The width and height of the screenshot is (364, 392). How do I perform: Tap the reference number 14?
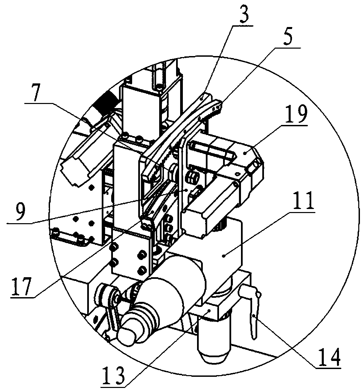328,357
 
